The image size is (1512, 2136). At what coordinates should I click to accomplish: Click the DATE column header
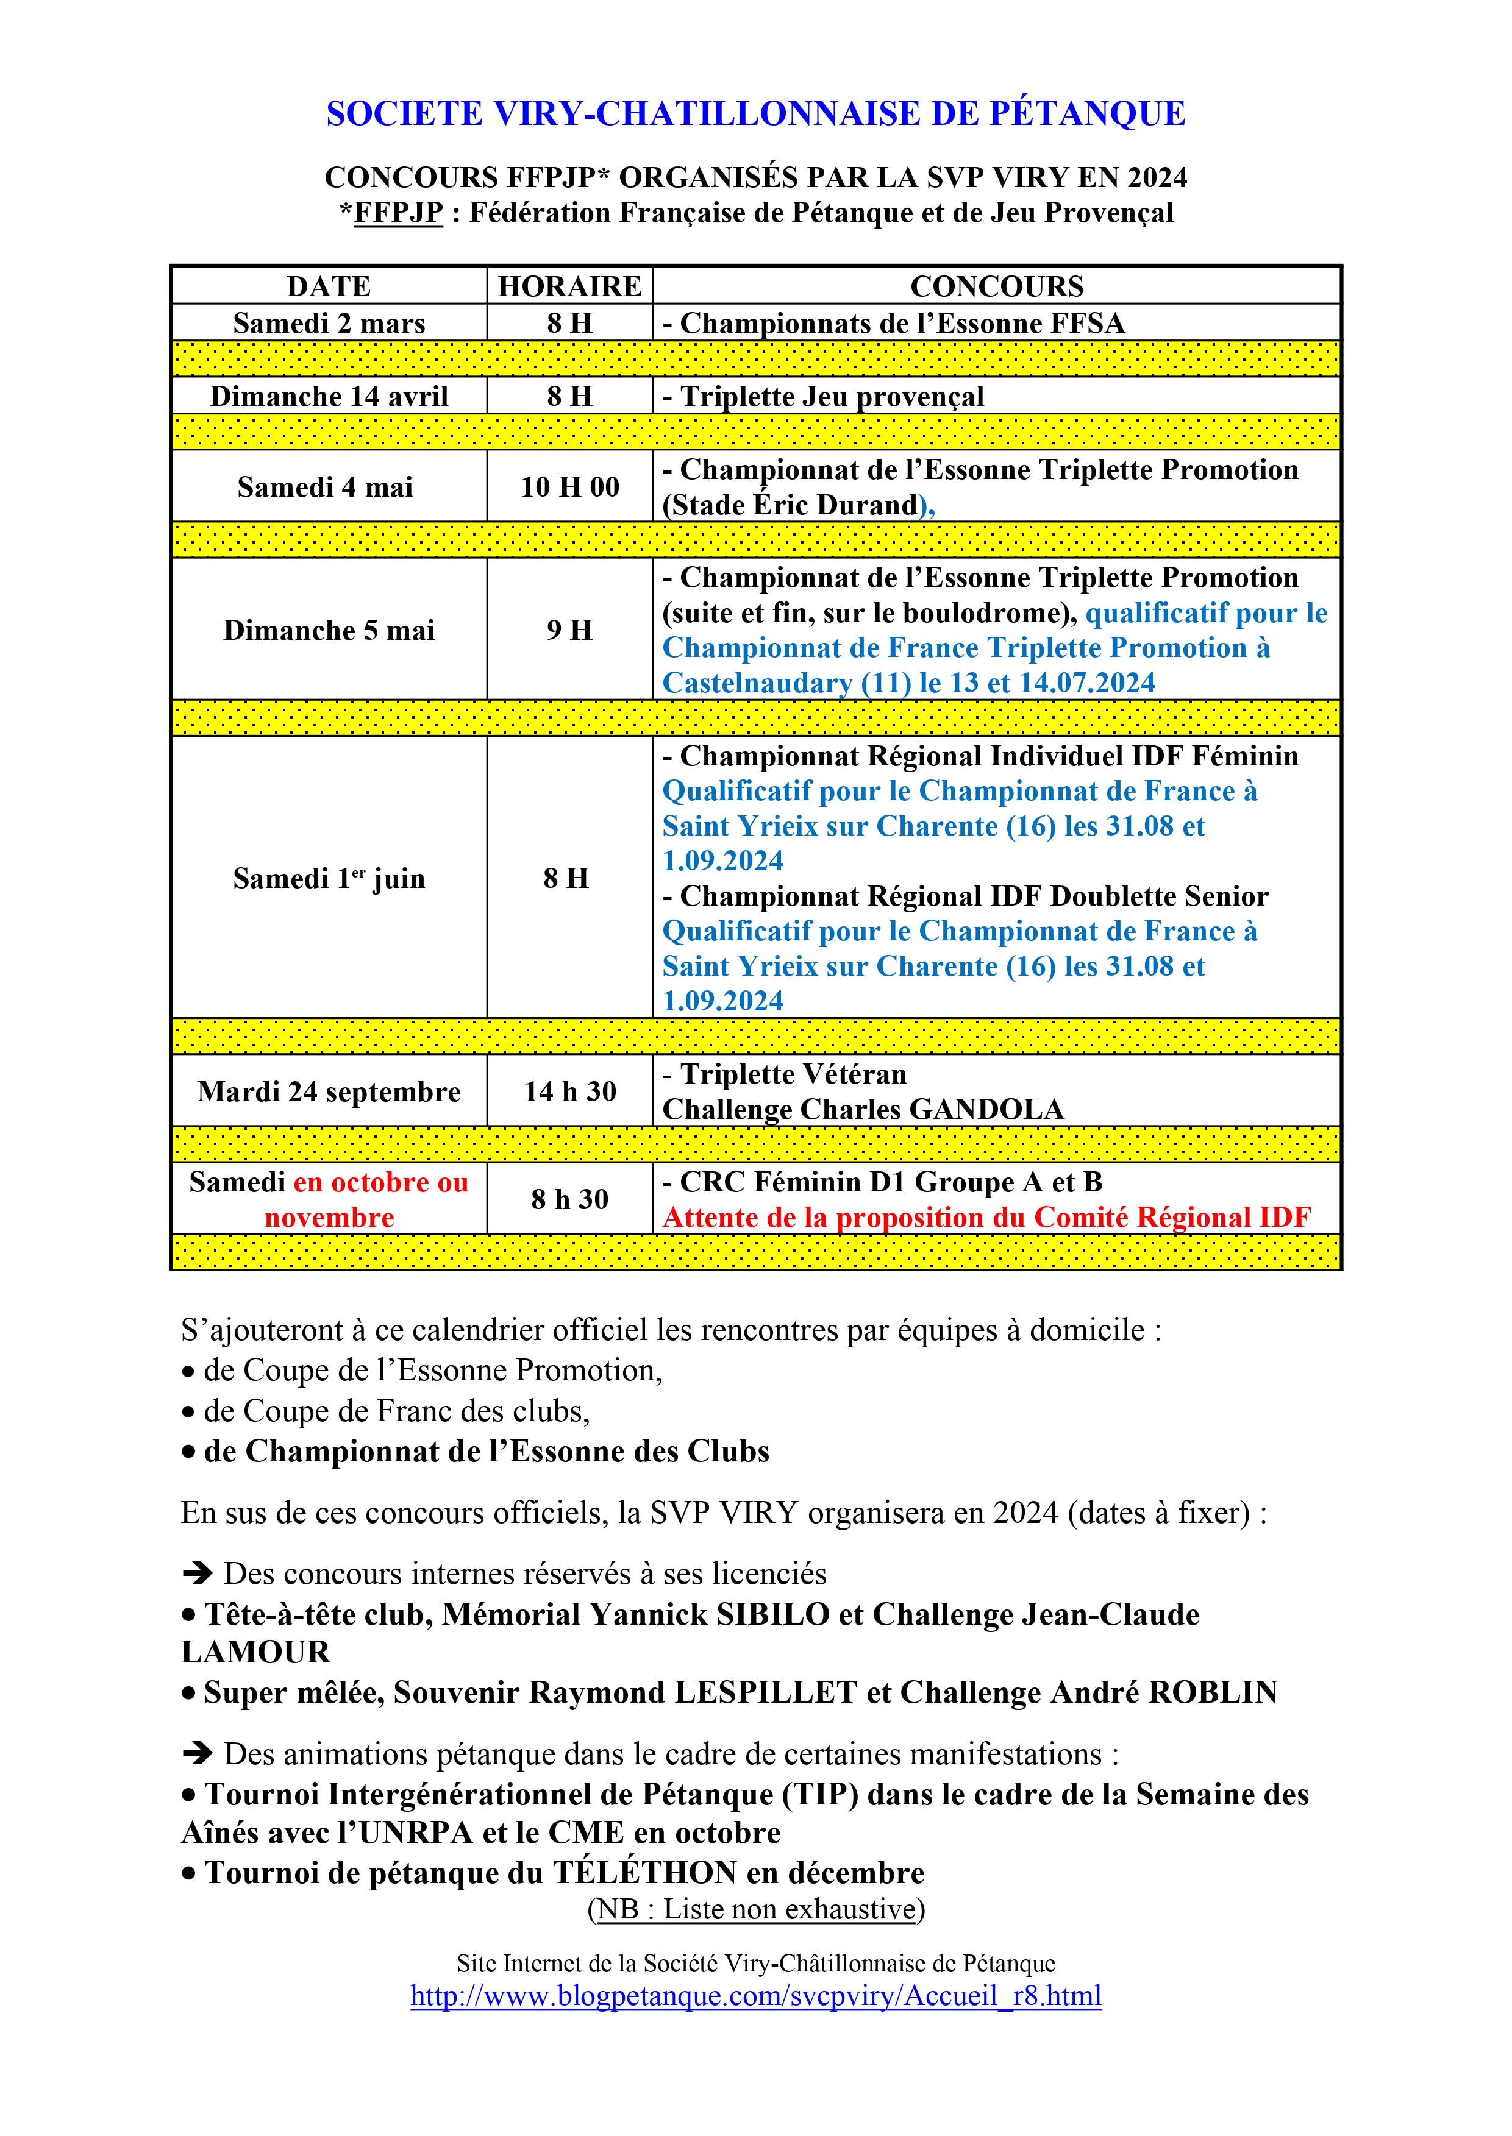coord(329,286)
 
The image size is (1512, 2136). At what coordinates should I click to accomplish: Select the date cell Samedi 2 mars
coord(329,323)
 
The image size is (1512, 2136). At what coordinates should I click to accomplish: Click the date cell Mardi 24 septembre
coord(329,1091)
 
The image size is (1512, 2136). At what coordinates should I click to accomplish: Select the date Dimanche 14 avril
coord(329,397)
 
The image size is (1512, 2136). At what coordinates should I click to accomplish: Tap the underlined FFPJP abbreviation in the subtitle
coord(399,213)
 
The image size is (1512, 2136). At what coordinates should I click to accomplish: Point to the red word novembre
coord(329,1218)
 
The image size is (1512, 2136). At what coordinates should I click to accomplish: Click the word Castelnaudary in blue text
coord(757,683)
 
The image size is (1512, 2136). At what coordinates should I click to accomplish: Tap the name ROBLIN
coord(1213,1692)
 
